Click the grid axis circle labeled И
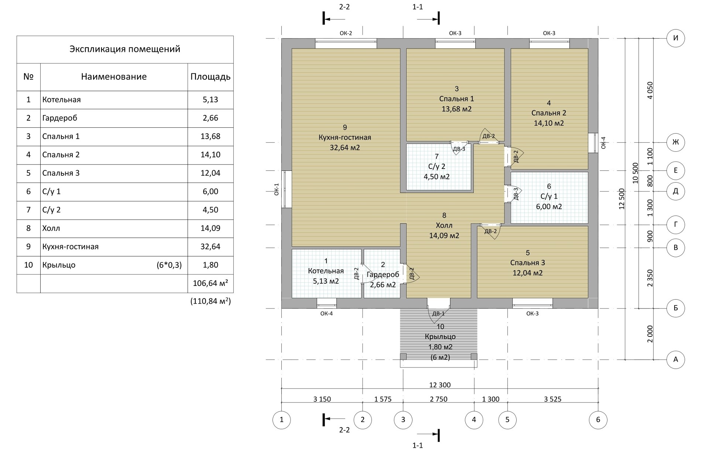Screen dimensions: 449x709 675,38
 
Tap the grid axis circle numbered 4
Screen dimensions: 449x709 474,419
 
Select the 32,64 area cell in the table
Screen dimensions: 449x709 210,246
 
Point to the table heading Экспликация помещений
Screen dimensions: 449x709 125,49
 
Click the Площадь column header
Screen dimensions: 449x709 210,77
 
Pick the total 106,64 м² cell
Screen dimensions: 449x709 210,283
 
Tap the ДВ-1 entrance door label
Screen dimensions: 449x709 438,314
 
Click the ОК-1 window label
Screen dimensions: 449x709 277,189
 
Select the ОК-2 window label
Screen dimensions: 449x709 346,33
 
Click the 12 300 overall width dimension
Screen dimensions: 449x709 440,385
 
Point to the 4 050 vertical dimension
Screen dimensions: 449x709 650,90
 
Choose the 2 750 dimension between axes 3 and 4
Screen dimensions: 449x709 438,399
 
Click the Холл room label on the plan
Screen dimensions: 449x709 444,225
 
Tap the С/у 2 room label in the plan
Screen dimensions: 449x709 436,166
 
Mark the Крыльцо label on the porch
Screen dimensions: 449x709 440,337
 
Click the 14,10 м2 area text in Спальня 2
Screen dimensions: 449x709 549,123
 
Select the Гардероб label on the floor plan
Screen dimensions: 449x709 383,274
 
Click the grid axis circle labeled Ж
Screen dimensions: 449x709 675,142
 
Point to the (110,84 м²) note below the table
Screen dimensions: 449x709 210,301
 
